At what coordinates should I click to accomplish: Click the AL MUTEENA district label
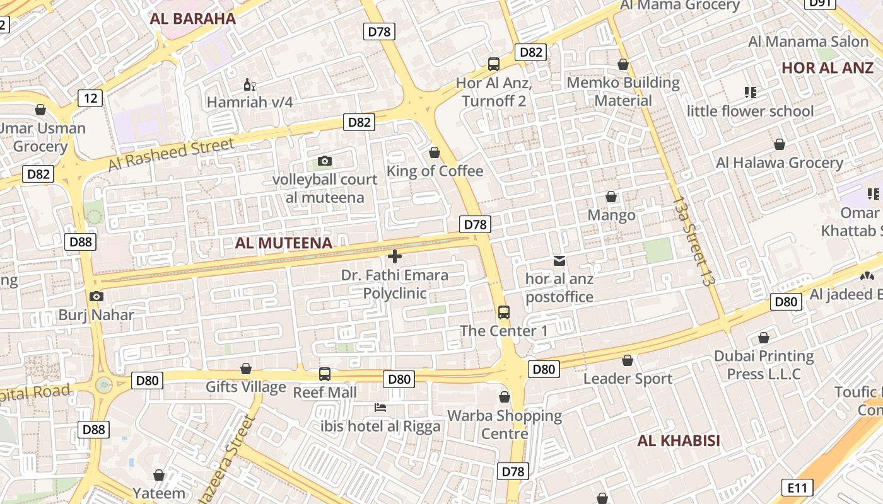tap(283, 243)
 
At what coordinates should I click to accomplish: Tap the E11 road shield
tap(797, 487)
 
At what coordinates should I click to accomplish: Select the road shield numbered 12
tap(91, 98)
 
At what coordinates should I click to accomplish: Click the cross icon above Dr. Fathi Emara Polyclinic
tap(395, 256)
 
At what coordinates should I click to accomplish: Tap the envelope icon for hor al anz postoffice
tap(559, 260)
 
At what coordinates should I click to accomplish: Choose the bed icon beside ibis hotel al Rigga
tap(380, 408)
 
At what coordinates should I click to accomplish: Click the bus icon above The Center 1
tap(503, 312)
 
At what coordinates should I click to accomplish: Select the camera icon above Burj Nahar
tap(96, 296)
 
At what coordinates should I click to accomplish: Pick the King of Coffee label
tap(435, 171)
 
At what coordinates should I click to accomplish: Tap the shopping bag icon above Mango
tap(611, 197)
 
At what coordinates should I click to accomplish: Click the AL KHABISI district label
tap(679, 440)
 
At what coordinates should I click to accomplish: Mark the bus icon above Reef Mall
tap(325, 374)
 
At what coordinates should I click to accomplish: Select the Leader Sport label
tap(628, 379)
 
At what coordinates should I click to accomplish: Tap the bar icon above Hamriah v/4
tap(250, 84)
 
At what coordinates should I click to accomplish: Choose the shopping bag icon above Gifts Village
tap(246, 369)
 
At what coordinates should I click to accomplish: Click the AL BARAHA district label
tap(193, 18)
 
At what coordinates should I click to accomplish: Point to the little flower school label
tap(751, 111)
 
